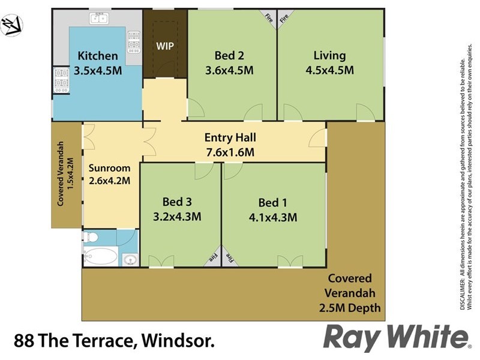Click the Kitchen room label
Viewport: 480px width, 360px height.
(x=98, y=56)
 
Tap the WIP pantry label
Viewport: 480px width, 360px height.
(x=165, y=46)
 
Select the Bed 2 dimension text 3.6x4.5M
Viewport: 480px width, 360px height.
(x=229, y=70)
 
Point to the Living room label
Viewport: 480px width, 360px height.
(x=330, y=56)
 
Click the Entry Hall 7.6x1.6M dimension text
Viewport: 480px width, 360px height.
(x=229, y=152)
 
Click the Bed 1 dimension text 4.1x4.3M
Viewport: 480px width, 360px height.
(x=274, y=217)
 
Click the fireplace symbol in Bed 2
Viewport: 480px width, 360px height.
(x=268, y=18)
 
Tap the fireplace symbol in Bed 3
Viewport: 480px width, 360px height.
(x=213, y=256)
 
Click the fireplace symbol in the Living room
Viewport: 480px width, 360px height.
(x=285, y=18)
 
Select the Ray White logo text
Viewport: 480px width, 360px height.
(x=396, y=338)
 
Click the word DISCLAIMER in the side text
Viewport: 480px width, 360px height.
(x=463, y=294)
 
